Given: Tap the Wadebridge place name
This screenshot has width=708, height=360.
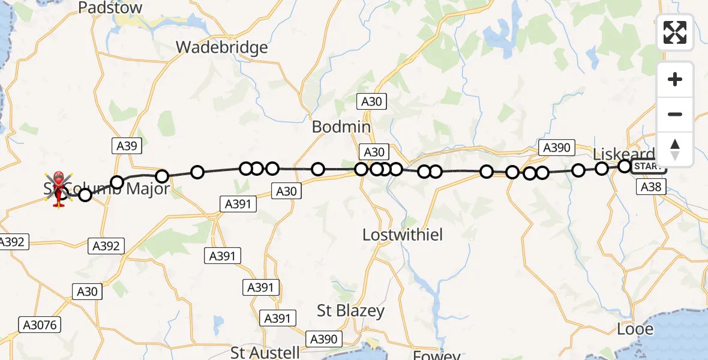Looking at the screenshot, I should coord(221,47).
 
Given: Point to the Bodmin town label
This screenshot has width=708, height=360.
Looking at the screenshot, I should coord(341,127).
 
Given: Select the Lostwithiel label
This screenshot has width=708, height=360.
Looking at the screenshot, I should coord(403,235).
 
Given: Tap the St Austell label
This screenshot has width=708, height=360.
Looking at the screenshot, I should coord(265,352).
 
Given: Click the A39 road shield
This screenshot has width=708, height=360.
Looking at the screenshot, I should coord(127,146).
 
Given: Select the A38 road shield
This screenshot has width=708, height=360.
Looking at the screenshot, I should coord(651,187).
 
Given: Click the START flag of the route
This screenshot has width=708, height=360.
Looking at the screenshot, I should coord(647,166).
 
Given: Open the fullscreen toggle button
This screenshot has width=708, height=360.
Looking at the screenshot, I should coord(675,32).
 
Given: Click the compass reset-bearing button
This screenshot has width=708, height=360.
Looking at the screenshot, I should coord(675,149).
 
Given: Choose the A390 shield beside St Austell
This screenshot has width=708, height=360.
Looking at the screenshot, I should coord(323,339).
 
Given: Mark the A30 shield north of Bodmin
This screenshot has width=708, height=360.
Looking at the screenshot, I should coord(372,101).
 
